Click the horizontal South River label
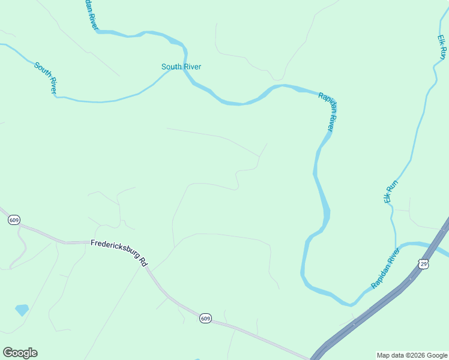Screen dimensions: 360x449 click(181, 67)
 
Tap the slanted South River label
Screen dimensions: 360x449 click(46, 78)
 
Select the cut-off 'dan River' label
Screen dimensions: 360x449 click(90, 13)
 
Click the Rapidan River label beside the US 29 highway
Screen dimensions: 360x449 click(385, 268)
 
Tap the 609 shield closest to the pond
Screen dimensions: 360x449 click(14, 220)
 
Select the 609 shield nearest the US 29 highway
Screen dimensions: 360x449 click(205, 319)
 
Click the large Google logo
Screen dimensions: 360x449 click(20, 353)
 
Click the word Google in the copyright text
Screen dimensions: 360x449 click(437, 355)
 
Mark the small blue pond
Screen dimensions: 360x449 click(22, 310)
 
